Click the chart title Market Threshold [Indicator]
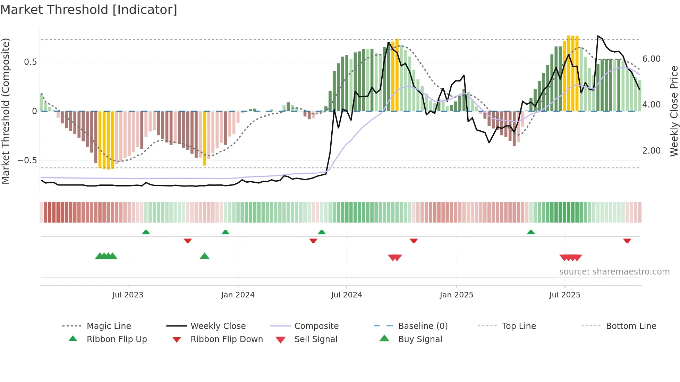[89, 10]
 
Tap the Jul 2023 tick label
[128, 295]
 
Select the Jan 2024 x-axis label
[238, 295]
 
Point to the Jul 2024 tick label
[347, 295]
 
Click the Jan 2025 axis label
[456, 295]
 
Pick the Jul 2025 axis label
[565, 295]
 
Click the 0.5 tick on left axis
[30, 62]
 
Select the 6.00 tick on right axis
[651, 59]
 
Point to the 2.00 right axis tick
[651, 151]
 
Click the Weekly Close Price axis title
[674, 111]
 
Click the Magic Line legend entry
[109, 326]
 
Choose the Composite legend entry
[316, 326]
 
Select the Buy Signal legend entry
[420, 339]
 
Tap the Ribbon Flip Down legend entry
[226, 339]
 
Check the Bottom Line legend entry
[631, 326]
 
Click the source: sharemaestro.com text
[614, 272]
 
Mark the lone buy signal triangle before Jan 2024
[204, 257]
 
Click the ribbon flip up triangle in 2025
[531, 232]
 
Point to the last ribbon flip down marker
[627, 241]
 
